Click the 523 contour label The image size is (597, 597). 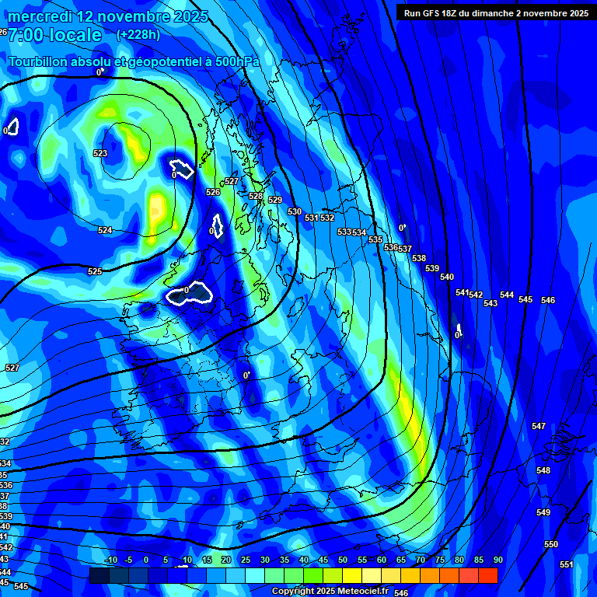[100, 153]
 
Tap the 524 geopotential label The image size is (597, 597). [105, 230]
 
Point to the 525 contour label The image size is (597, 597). [95, 271]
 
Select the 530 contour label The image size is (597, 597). [295, 211]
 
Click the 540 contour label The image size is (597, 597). [447, 277]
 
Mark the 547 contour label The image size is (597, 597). [539, 426]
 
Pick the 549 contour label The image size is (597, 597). [543, 512]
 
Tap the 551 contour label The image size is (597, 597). [567, 564]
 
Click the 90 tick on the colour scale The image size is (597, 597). [497, 560]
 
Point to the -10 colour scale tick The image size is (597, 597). [110, 560]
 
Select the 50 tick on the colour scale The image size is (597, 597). [342, 560]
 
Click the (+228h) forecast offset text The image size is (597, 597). [138, 35]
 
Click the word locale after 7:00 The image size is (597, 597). [74, 35]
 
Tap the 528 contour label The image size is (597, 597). [256, 196]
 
